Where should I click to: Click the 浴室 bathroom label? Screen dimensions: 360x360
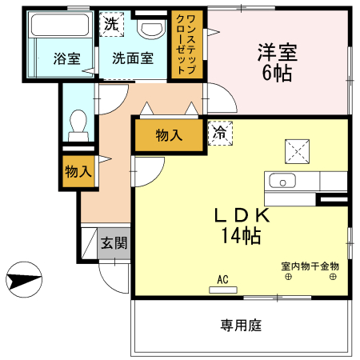click(x=67, y=58)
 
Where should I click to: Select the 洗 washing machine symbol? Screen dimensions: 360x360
click(x=112, y=24)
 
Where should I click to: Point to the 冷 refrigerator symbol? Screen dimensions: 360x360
click(x=218, y=134)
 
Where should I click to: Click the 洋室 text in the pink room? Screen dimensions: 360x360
click(x=278, y=53)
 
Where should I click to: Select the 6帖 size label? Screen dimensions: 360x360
click(x=278, y=74)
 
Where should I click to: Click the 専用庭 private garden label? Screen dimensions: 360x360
click(x=242, y=326)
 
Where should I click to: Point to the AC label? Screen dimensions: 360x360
click(x=222, y=279)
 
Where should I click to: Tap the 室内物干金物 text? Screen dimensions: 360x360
click(x=310, y=266)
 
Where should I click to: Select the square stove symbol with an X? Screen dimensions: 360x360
click(x=298, y=150)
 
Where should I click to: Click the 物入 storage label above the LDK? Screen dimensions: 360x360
click(x=168, y=135)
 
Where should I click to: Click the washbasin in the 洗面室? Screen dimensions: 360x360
click(x=150, y=30)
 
